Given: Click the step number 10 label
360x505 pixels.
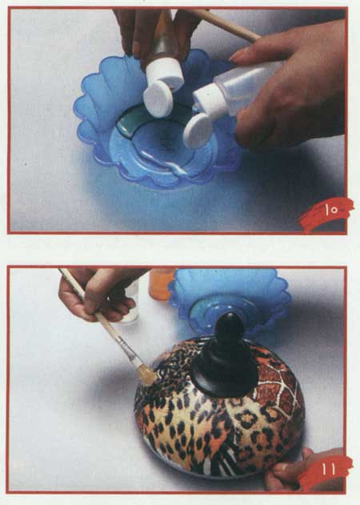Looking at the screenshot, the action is [331, 210].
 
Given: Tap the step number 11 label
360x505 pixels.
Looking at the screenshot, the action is [328, 470].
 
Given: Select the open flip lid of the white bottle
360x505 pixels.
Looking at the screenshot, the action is [197, 130].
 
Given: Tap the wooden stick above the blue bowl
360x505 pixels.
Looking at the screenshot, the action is [226, 24].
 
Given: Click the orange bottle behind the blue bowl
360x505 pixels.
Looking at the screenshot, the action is [160, 284].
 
